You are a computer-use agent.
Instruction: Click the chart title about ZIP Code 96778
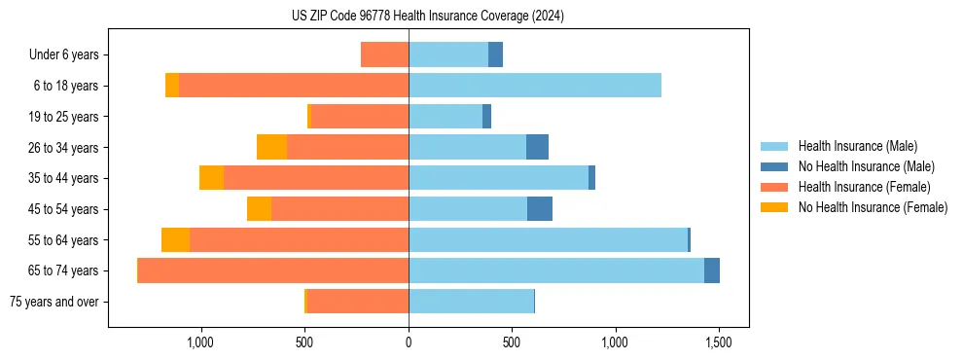tap(428, 16)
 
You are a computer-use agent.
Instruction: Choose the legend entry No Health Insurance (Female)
tap(873, 207)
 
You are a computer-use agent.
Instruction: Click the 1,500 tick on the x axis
tap(719, 342)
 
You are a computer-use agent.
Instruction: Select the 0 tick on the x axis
tap(409, 342)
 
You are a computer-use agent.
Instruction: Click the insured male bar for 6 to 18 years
tap(535, 86)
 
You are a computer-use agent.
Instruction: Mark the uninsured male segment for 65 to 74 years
tap(712, 270)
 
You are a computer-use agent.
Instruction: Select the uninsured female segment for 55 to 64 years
tap(175, 240)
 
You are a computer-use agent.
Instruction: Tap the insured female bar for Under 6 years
tap(384, 55)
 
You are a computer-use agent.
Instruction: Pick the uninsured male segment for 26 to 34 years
tap(537, 148)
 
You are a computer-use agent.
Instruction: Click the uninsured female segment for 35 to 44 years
tap(211, 178)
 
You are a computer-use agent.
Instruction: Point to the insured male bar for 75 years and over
tap(471, 302)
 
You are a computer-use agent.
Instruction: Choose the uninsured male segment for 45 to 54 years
tap(540, 209)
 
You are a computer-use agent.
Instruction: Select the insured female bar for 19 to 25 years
tap(359, 117)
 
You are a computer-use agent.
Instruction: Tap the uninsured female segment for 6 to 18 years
tap(172, 86)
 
